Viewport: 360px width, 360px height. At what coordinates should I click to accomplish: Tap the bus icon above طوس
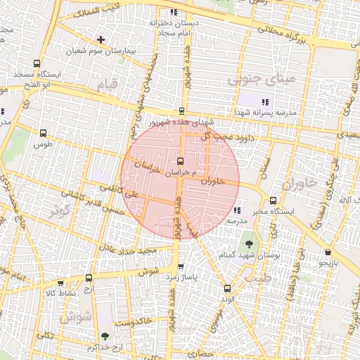point(44,133)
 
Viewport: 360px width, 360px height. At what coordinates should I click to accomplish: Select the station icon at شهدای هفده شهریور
point(182,110)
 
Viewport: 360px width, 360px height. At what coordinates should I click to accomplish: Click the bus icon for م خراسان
point(181,161)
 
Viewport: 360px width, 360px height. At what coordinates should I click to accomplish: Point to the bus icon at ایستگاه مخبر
point(273,200)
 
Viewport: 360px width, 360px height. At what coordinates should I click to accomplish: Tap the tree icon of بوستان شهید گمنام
point(249,244)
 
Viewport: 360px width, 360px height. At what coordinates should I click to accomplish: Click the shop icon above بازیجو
point(328,252)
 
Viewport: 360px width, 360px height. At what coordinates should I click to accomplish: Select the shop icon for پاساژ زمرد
point(181,266)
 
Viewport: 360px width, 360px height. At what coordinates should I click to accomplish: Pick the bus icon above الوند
point(226,288)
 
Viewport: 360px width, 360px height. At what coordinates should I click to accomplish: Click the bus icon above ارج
point(88,278)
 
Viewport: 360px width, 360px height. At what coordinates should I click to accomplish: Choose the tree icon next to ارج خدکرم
point(105,337)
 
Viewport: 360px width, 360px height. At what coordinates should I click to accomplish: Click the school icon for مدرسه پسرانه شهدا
point(265,102)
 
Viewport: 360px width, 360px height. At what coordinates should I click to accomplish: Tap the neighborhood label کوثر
point(59,210)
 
